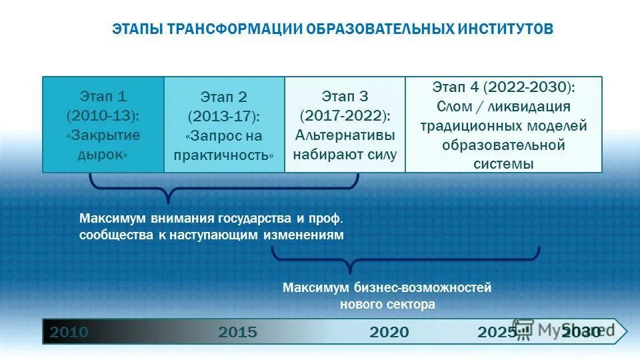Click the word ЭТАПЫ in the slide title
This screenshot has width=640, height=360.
(x=135, y=30)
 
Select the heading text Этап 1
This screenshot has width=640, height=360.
(x=103, y=95)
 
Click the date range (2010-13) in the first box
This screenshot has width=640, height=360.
(x=103, y=115)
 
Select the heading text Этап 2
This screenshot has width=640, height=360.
(x=224, y=97)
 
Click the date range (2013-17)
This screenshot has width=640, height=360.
(x=224, y=117)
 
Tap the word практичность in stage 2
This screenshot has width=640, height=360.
(x=224, y=155)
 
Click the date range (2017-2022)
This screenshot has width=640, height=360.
(x=345, y=115)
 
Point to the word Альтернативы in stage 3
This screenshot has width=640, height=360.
(x=345, y=135)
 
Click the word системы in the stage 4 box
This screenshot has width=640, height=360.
(x=503, y=163)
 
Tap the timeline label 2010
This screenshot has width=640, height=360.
(x=69, y=332)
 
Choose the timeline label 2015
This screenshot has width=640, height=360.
(x=237, y=332)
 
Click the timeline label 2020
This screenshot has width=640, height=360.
(x=389, y=332)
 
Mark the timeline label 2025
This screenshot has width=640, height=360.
(x=497, y=332)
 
